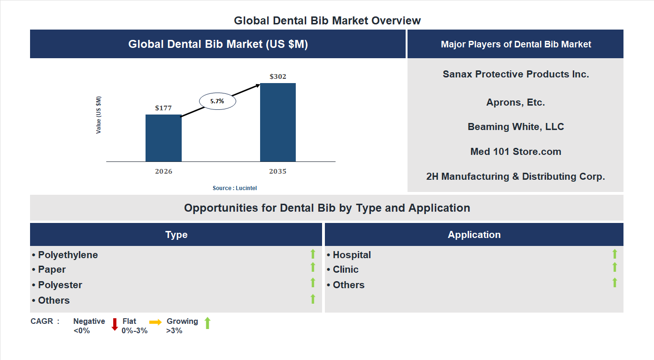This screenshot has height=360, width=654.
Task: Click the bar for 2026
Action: point(163,138)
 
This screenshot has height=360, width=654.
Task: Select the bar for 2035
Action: point(278,123)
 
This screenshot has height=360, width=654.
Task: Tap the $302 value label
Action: point(278,77)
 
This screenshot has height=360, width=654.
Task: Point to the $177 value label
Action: point(163,108)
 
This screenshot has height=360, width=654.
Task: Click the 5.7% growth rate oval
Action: point(217,101)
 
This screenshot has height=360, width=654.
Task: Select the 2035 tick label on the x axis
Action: point(278,171)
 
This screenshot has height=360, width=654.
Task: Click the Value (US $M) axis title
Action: point(99,115)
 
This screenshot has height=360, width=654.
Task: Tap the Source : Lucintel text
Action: point(235,188)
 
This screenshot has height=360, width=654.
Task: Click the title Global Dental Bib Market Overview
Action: point(327,21)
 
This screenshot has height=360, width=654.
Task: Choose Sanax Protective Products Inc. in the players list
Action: point(516,74)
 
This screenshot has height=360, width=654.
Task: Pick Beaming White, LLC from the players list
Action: point(516,127)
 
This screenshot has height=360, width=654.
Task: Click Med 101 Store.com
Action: point(516,152)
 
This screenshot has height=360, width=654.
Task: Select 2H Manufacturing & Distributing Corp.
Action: point(516,176)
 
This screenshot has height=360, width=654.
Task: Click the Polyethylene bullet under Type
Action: point(65,255)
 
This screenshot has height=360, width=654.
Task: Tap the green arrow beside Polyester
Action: point(313,283)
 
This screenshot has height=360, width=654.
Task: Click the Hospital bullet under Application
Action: point(349,255)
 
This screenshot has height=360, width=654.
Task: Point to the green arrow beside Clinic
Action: point(615,267)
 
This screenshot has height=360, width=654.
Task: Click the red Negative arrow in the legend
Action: point(115,324)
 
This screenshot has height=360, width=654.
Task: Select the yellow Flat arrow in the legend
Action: point(155,322)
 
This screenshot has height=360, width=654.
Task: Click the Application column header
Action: point(474,235)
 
